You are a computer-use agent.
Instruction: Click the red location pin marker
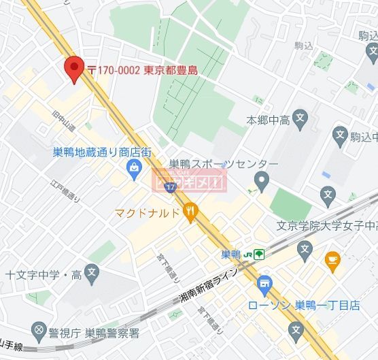click(x=74, y=69)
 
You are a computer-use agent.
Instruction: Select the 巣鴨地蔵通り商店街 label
click(x=102, y=152)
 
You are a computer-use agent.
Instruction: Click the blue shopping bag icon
click(x=134, y=167)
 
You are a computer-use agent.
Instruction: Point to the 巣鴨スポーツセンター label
click(x=224, y=165)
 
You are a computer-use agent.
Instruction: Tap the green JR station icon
click(x=259, y=254)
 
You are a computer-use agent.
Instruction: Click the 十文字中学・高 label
click(x=43, y=275)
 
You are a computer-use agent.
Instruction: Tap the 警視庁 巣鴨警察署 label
click(x=94, y=333)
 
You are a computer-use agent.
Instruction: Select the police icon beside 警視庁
click(x=38, y=333)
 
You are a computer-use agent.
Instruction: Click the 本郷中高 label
click(x=268, y=120)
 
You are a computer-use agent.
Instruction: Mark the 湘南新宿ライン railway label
click(x=209, y=287)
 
